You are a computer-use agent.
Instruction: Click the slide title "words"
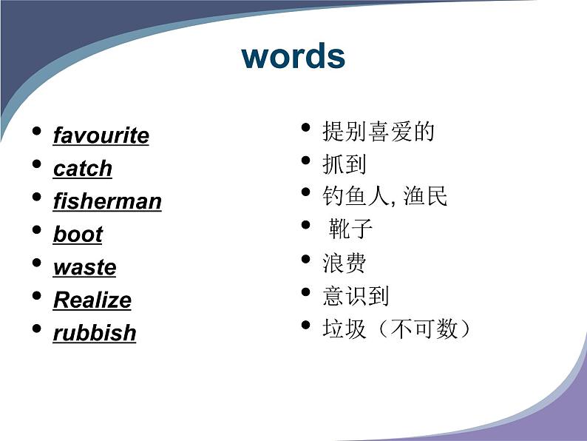[x=293, y=56]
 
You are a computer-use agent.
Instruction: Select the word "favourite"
[x=101, y=135]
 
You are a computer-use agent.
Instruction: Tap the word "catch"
[x=83, y=168]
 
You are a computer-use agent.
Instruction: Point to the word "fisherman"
[x=107, y=201]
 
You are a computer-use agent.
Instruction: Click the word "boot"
[x=78, y=234]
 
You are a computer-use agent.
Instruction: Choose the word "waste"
[x=84, y=267]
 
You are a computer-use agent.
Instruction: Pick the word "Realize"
[x=92, y=300]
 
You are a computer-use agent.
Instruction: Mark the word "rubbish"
[x=95, y=333]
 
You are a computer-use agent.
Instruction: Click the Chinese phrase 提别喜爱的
[x=379, y=132]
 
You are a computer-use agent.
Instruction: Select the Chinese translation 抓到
[x=345, y=164]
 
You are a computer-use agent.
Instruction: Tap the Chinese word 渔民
[x=425, y=195]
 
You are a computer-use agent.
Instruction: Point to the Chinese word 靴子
[x=350, y=228]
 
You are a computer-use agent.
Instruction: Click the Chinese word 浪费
[x=345, y=263]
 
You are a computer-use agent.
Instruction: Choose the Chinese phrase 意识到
[x=356, y=296]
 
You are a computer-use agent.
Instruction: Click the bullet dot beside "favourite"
[x=37, y=131]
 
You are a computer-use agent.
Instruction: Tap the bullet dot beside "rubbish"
[x=37, y=329]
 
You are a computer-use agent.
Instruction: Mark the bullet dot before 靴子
[x=306, y=225]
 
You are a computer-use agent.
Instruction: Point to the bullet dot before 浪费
[x=306, y=259]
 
